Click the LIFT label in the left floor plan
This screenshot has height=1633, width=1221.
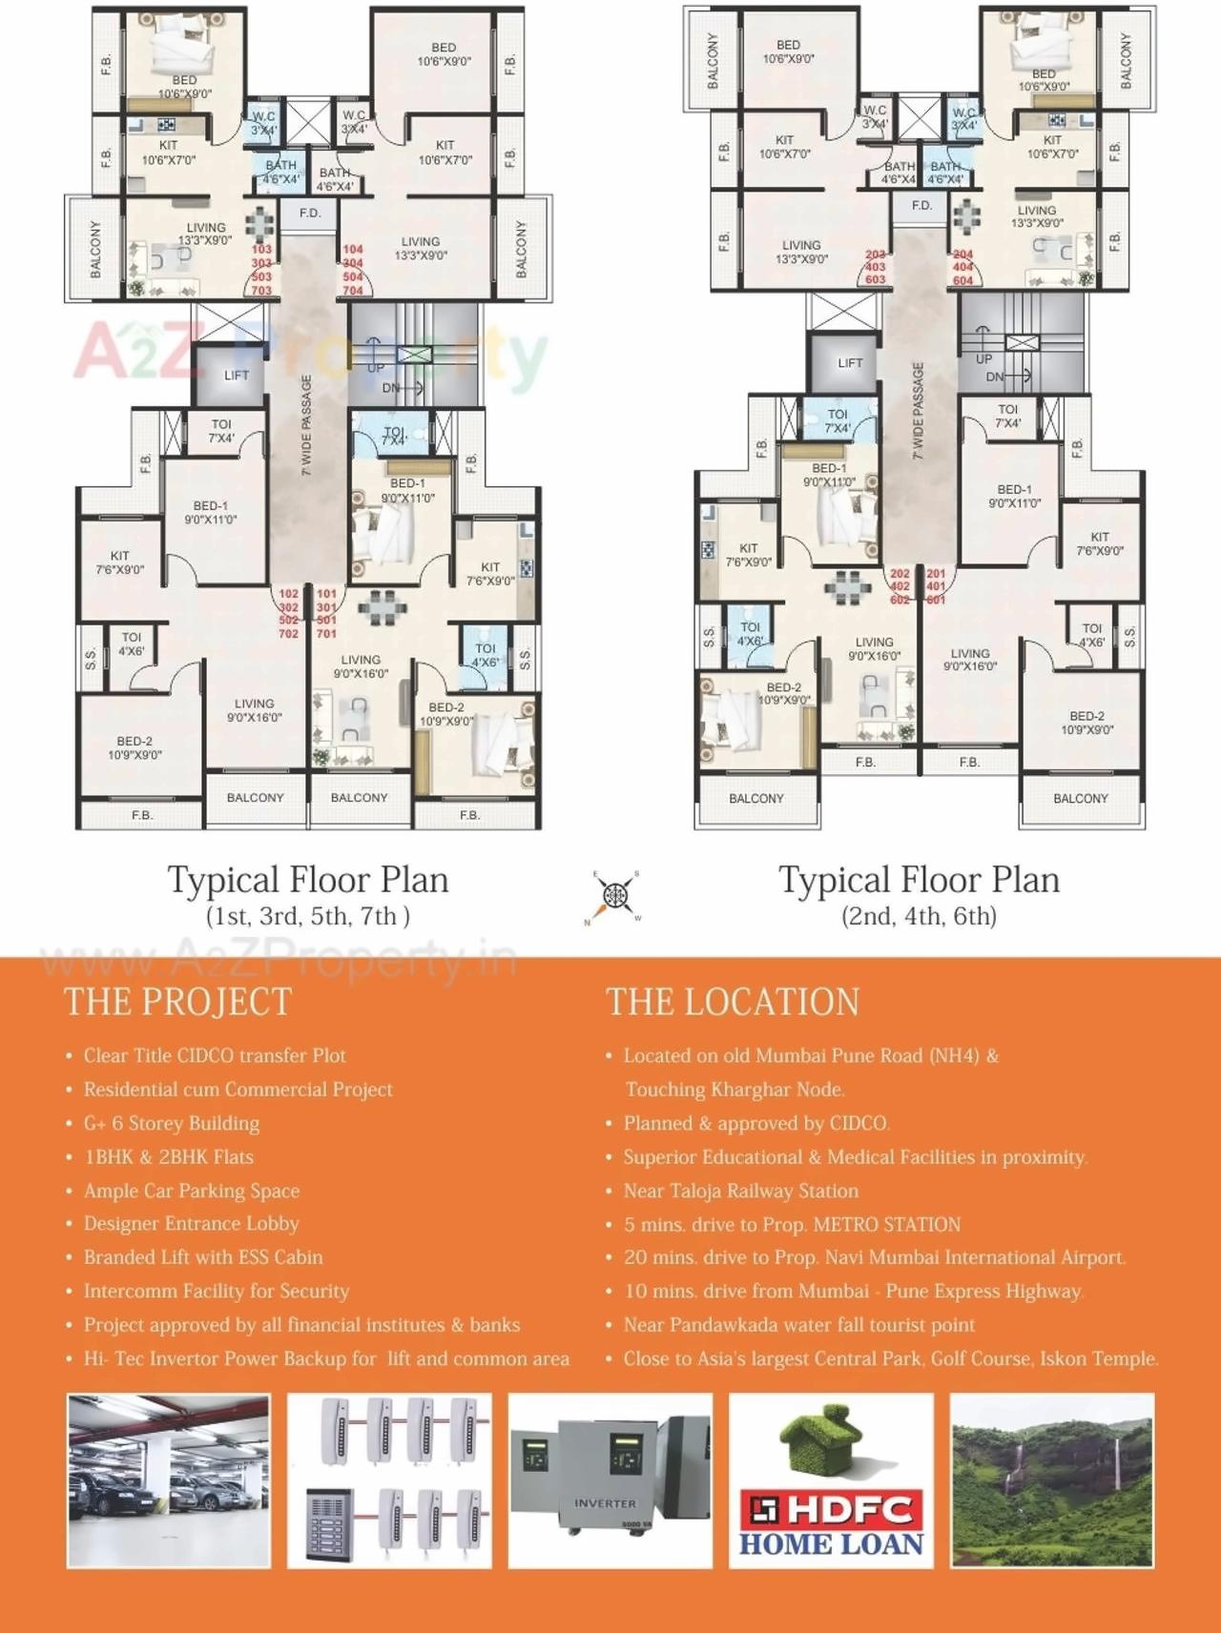coord(237,376)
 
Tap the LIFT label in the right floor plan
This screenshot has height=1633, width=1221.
coord(850,363)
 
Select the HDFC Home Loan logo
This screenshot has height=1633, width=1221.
coord(831,1480)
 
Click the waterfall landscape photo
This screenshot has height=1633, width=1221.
coord(1052,1480)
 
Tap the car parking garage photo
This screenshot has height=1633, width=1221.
coord(169,1480)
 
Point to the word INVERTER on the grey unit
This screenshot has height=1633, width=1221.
coord(605,1503)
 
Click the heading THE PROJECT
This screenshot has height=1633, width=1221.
coord(177,1002)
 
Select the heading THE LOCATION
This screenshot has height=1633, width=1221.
coord(733,1002)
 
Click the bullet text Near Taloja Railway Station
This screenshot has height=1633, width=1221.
coord(741,1191)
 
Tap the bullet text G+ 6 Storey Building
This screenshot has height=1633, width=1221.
coord(172,1123)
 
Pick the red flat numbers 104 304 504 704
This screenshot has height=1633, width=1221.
coord(353,270)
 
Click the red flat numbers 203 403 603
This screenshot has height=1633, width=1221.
coord(876,268)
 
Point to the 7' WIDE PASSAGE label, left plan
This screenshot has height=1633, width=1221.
coord(307,425)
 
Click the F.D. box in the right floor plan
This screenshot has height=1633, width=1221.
coord(921,206)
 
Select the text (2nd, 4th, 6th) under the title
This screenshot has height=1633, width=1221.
coord(919,916)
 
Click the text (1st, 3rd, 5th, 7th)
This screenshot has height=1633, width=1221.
coord(308,916)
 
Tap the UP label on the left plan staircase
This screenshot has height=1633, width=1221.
coord(377,368)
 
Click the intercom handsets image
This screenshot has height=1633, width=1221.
coord(389,1480)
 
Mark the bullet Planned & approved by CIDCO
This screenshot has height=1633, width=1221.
coord(756,1123)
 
